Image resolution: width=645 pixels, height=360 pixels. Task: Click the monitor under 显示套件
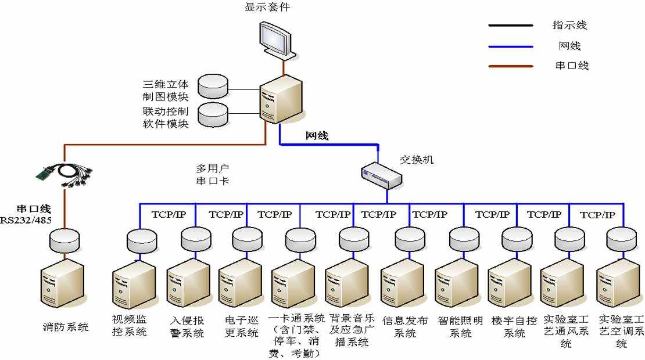(277, 41)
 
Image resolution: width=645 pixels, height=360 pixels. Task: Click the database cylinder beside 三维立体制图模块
(213, 87)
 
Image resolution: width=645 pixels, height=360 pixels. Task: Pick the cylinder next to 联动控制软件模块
(213, 114)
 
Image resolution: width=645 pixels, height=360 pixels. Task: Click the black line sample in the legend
(511, 26)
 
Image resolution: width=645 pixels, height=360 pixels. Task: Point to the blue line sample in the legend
(511, 46)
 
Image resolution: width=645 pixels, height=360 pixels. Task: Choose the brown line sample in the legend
(511, 66)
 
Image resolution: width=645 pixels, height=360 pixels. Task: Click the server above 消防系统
(62, 283)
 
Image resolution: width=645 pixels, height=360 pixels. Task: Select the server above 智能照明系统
(457, 283)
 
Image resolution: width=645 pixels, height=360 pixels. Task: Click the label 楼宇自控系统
(514, 327)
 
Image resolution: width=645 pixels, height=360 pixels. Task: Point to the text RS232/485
(26, 220)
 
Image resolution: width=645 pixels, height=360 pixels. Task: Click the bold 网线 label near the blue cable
(317, 136)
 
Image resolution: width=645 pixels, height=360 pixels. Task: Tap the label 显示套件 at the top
(267, 6)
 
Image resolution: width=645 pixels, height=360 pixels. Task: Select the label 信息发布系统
(405, 327)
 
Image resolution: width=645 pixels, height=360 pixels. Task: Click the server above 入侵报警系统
(189, 283)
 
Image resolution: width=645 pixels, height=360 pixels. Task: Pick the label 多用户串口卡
(213, 175)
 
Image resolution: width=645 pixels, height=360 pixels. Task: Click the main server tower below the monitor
(281, 99)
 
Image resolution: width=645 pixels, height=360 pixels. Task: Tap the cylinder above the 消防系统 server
(64, 241)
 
